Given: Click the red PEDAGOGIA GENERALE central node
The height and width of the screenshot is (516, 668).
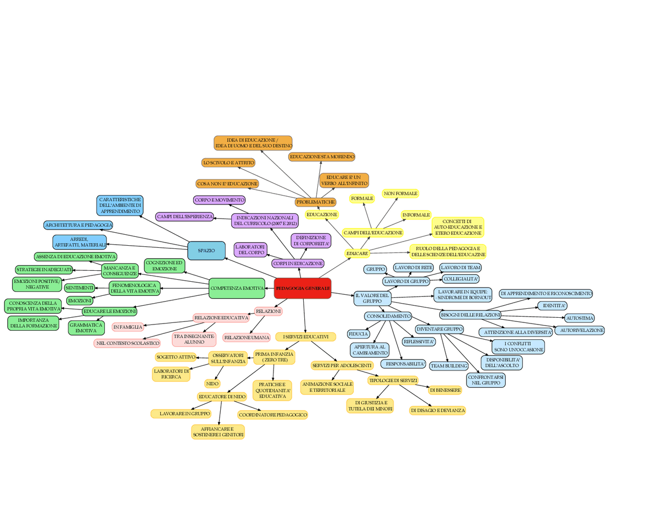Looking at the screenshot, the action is tap(302, 288).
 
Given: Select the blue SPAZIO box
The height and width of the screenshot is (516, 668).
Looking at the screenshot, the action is tap(206, 250).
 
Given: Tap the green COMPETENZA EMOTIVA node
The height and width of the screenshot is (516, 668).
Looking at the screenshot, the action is tap(237, 288).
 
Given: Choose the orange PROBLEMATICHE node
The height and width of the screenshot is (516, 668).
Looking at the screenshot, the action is tap(315, 202).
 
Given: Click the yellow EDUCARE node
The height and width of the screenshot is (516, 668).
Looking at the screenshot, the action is tap(357, 254).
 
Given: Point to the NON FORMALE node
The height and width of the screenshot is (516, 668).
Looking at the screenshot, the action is tap(400, 194).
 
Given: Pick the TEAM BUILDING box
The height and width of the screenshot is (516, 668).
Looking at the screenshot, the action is tap(449, 366).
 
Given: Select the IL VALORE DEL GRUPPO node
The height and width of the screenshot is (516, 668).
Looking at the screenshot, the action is tap(372, 298).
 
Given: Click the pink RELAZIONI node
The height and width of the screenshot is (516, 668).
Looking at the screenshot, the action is tap(268, 311).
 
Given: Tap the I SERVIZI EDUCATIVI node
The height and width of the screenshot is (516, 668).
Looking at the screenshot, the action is tap(306, 337).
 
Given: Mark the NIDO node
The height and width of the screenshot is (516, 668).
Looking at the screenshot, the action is tap(212, 383).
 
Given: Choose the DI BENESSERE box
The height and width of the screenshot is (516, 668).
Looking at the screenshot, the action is tap(445, 390).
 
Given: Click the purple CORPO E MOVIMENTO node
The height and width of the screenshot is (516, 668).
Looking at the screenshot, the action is tap(219, 200).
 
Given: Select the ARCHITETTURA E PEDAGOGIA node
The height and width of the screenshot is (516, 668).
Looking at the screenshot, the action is tap(78, 225).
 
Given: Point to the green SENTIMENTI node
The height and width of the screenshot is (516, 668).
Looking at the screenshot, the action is tap(79, 288).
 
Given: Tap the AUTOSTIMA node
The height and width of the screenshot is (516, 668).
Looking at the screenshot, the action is tap(579, 318).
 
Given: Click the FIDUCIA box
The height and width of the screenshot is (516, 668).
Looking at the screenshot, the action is tap(358, 334).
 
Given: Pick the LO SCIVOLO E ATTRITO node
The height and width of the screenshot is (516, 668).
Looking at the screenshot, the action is tap(229, 163).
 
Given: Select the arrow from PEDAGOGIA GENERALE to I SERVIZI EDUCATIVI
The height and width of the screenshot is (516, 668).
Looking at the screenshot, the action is tap(304, 316).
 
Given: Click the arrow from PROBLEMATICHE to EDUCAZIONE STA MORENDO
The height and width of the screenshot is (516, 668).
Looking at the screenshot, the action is tap(318, 179).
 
